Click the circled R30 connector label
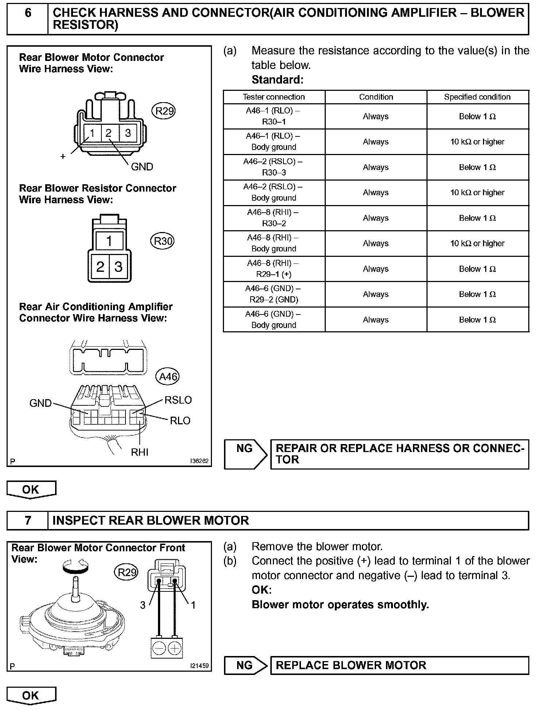pyautogui.click(x=162, y=241)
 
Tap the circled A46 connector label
pyautogui.click(x=168, y=376)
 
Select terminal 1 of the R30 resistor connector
pyautogui.click(x=109, y=241)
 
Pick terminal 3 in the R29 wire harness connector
pyautogui.click(x=128, y=133)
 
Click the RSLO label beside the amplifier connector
pyautogui.click(x=178, y=400)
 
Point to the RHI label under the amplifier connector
pyautogui.click(x=140, y=452)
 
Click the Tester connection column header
pyautogui.click(x=274, y=97)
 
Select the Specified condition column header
pyautogui.click(x=477, y=97)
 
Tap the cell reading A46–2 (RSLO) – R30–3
pyautogui.click(x=274, y=167)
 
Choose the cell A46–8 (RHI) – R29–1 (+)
pyautogui.click(x=274, y=269)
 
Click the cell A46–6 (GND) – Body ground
pyautogui.click(x=274, y=320)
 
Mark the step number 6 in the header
pyautogui.click(x=28, y=13)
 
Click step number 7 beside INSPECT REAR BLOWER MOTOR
pyautogui.click(x=28, y=520)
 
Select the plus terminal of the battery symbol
pyautogui.click(x=175, y=648)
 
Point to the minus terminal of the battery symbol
pyautogui.click(x=159, y=648)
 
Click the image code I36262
pyautogui.click(x=199, y=461)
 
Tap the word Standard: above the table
pyautogui.click(x=277, y=80)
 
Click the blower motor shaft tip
pyautogui.click(x=76, y=579)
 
